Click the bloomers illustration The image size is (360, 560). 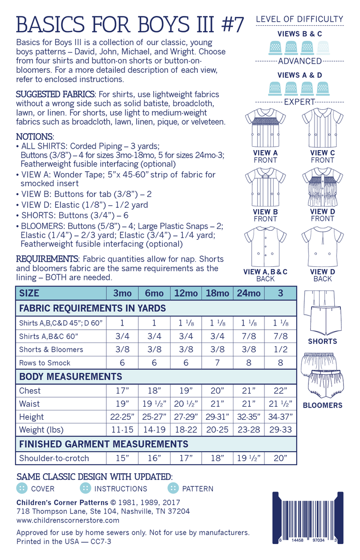[322, 375]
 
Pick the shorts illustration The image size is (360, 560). [322, 312]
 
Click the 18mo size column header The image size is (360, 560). [217, 293]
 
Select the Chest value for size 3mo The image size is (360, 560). [122, 391]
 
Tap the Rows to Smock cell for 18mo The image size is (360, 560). [217, 363]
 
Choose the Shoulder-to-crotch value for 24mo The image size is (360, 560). [249, 458]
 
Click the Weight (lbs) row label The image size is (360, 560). [41, 430]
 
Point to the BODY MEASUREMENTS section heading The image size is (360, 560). [70, 377]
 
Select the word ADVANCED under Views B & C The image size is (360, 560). [300, 61]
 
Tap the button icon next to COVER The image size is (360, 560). [22, 488]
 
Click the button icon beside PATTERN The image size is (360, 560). [173, 488]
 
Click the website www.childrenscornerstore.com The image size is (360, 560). [67, 520]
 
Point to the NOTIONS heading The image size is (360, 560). [35, 137]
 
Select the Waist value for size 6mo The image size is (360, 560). [154, 404]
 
